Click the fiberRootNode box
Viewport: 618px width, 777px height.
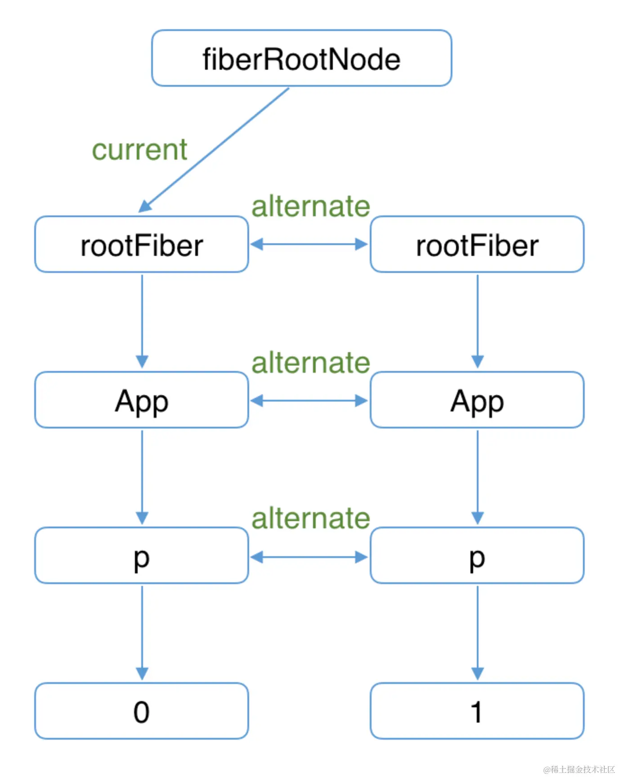point(301,58)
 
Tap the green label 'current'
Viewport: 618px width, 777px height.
point(139,150)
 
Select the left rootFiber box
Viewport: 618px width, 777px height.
point(142,245)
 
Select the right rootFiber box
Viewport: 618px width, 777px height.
point(477,245)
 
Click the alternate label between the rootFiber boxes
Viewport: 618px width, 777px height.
point(310,206)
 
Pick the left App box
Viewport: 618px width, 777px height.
point(142,400)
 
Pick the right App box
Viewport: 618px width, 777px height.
point(477,400)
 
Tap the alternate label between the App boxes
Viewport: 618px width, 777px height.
point(310,363)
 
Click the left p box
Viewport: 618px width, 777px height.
point(142,556)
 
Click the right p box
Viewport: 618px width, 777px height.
point(477,556)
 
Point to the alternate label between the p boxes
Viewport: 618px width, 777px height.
point(310,518)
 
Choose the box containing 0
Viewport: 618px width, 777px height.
point(142,711)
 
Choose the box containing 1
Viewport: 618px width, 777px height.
point(477,711)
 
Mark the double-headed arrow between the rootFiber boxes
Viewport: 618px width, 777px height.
point(309,245)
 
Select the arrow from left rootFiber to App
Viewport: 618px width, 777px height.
point(142,319)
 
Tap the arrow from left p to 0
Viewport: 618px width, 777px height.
point(142,631)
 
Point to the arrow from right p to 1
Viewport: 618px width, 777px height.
point(478,631)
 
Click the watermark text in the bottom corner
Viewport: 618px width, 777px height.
point(579,769)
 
